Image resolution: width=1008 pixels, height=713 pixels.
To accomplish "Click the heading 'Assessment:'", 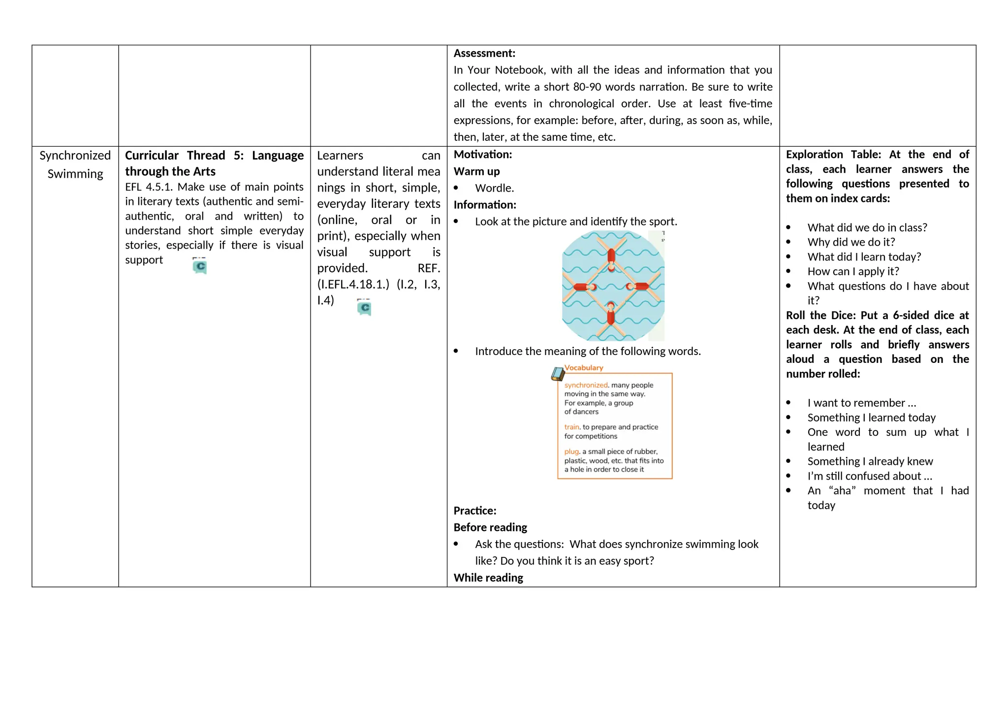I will [484, 53].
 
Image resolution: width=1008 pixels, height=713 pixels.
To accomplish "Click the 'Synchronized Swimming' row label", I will [75, 164].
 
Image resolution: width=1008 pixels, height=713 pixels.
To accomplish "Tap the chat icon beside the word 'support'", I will [199, 266].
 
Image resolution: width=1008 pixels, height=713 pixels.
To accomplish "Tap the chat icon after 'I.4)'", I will [364, 308].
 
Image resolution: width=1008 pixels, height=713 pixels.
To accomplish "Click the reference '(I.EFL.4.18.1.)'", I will [353, 284].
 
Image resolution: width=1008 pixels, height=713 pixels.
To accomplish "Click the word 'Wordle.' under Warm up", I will [494, 188].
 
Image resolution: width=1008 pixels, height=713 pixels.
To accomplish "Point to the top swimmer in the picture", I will [611, 258].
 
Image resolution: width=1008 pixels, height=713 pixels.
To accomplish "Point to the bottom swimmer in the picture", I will [611, 314].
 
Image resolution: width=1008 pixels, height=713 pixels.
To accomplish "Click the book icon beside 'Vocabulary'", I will [557, 374].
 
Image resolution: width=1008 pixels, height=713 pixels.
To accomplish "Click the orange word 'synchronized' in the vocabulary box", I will [586, 385].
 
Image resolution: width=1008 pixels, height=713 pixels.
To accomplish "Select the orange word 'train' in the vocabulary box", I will [571, 427].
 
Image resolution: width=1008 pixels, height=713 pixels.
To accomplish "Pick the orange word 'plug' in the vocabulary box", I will [571, 452].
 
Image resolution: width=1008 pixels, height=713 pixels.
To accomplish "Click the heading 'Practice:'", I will [474, 511].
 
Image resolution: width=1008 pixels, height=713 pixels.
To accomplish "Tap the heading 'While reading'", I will [488, 578].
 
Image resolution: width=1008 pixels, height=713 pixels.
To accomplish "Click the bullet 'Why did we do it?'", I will [851, 242].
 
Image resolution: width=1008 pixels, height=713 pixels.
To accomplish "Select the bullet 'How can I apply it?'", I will [853, 271].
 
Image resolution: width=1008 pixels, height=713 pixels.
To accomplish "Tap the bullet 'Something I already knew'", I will [870, 461].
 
